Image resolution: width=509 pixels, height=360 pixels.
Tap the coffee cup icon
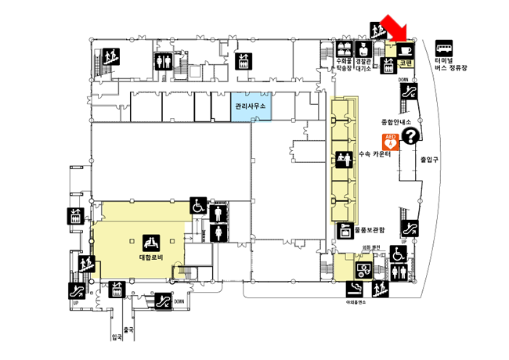coord(406,49)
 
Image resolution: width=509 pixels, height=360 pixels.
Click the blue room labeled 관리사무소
coord(251,106)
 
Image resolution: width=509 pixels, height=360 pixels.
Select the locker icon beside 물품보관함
coord(342,231)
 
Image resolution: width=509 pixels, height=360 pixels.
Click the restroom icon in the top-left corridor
coord(164,61)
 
